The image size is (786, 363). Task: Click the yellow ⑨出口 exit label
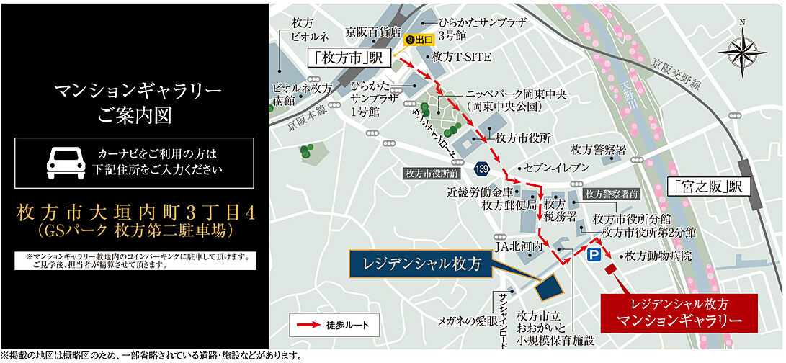coord(419,40)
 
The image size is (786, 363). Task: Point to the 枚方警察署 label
coord(598,149)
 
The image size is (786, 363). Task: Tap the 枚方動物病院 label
coord(658,256)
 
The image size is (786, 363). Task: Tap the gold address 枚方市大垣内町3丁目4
coord(134,213)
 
